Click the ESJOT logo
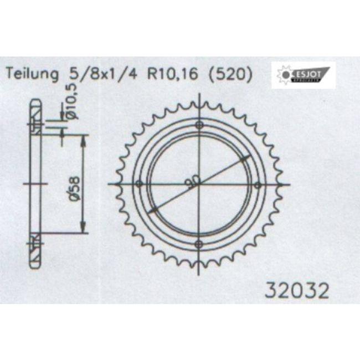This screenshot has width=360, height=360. point(304,75)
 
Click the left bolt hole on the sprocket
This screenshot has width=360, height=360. point(139,184)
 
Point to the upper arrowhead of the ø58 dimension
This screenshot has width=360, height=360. point(83,138)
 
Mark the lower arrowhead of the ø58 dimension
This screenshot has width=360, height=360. point(83,228)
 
